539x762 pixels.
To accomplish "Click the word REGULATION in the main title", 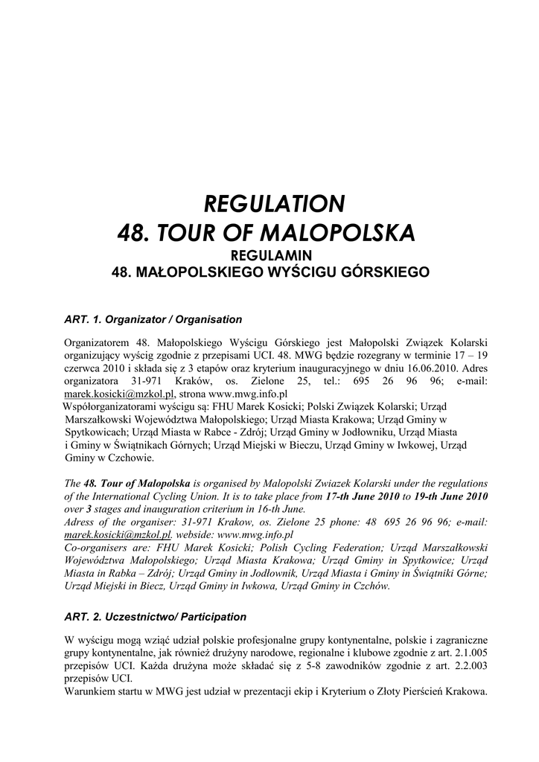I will [275, 203].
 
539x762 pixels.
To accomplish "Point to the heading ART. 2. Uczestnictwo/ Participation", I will [156, 617].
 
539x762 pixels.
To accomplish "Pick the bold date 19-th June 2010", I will [449, 496].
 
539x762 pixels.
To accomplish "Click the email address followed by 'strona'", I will [119, 393].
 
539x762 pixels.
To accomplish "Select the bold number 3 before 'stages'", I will [89, 509].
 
